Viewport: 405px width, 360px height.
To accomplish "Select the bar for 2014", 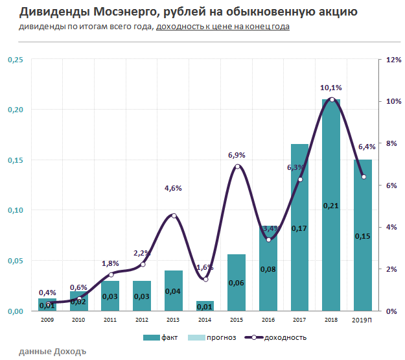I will (x=205, y=306).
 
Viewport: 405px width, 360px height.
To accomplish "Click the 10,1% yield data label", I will (x=331, y=88).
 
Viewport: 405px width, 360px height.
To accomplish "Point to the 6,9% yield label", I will (x=237, y=155).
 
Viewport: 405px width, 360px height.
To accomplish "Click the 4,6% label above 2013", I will (x=173, y=188).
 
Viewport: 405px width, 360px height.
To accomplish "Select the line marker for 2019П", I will (x=364, y=176).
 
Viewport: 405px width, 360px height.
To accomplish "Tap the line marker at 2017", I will (x=300, y=179).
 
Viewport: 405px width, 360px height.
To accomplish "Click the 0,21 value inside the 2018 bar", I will (x=331, y=206).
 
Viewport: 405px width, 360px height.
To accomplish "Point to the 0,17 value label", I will (x=299, y=228).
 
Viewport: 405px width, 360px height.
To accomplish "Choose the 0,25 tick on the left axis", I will (x=15, y=60).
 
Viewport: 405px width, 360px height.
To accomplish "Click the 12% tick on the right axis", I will (x=393, y=60).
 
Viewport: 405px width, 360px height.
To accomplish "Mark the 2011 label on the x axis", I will (x=110, y=320).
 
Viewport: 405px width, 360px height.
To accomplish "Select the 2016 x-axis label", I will (x=268, y=320).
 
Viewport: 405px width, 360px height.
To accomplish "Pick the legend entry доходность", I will (x=275, y=337).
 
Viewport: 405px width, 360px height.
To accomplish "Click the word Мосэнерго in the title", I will (x=119, y=12).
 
